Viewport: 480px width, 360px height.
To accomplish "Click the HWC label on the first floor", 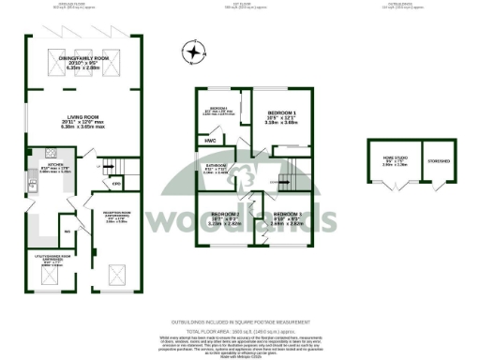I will click(x=208, y=142).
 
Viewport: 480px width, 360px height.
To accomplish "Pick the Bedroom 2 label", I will click(x=226, y=214).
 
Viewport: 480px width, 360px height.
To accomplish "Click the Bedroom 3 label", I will click(x=285, y=214).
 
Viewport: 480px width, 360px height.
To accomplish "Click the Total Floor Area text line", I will click(x=239, y=333).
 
